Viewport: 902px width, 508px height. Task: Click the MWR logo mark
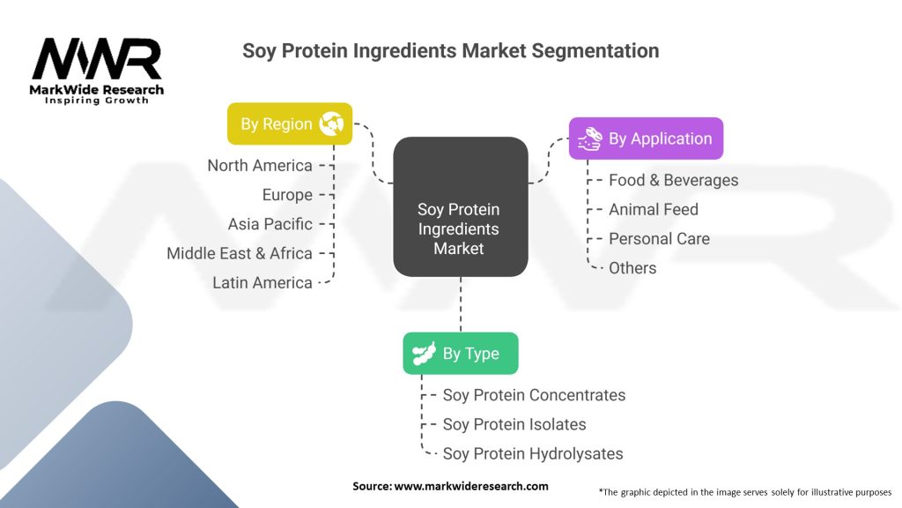[x=97, y=59]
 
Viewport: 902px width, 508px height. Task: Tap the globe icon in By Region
[x=331, y=123]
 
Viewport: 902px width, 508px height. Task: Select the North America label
[x=260, y=165]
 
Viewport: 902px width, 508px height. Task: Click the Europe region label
[x=287, y=195]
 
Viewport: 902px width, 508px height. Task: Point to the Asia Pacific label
[x=270, y=224]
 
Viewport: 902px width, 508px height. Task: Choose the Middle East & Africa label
[x=240, y=253]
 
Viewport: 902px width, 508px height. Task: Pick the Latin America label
[x=262, y=283]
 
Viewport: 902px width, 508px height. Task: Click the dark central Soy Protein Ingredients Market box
[x=460, y=206]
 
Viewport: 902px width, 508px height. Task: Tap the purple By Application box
[x=646, y=138]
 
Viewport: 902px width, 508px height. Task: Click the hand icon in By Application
[x=589, y=138]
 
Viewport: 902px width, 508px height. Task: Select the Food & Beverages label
[x=674, y=180]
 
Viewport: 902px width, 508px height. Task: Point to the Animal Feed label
[x=654, y=210]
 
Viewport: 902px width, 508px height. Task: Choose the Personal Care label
[x=659, y=239]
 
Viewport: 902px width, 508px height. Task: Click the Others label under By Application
[x=632, y=268]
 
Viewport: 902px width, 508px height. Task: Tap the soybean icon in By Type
[x=424, y=353]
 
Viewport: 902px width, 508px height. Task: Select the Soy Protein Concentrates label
[x=534, y=395]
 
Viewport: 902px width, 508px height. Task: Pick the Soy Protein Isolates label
[x=514, y=424]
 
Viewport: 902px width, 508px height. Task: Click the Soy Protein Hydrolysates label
[x=533, y=454]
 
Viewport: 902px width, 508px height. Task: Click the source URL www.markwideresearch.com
[x=471, y=486]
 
